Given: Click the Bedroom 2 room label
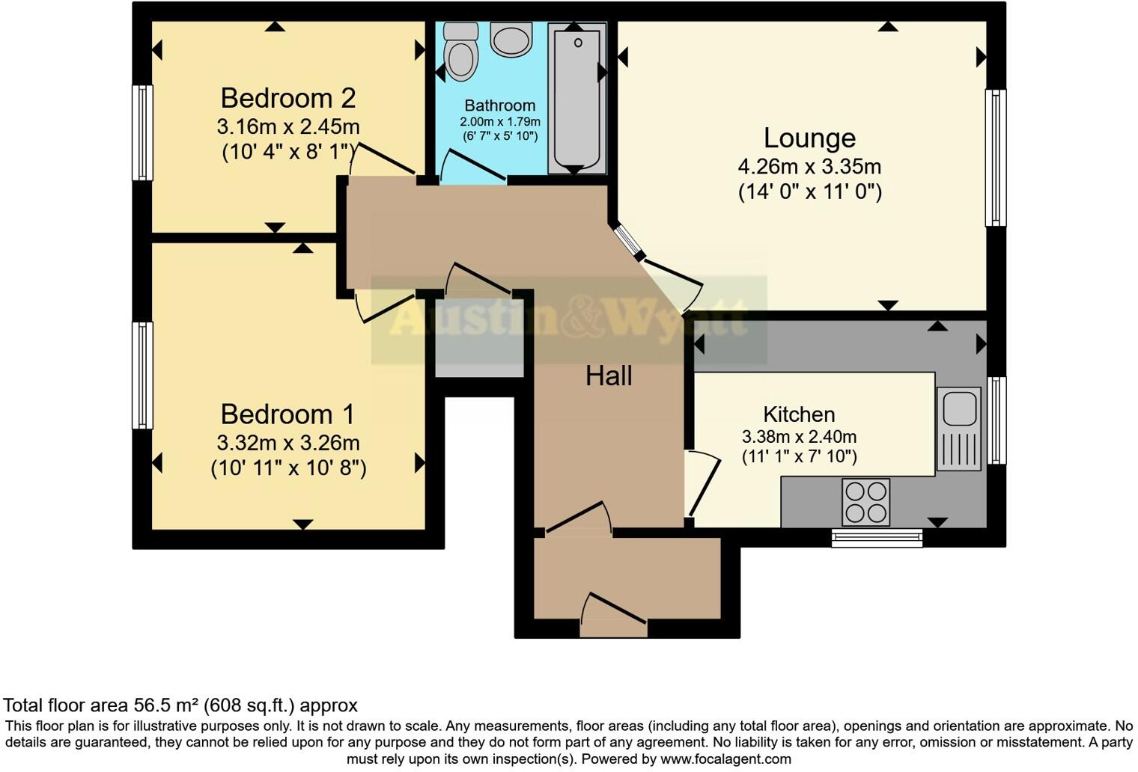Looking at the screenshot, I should point(287,98).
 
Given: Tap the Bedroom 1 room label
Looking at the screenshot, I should point(287,414).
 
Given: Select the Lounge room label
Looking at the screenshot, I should point(809,138).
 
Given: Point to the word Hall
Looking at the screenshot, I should point(609,376).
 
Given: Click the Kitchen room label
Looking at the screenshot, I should point(799,414).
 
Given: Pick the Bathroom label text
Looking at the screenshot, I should point(499,105).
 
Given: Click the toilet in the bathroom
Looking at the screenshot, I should point(460,52).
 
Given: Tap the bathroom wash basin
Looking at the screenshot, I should point(511,38).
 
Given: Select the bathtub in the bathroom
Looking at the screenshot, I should point(576,97).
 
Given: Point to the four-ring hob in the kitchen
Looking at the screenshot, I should point(865,502).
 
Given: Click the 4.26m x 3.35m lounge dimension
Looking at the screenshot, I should point(809,167).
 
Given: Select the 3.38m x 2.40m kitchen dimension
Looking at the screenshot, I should point(799,437).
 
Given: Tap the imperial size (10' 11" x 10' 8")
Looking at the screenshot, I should point(288,468).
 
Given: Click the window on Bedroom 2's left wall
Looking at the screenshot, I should point(142,132).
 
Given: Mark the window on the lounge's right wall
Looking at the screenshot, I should point(995,157).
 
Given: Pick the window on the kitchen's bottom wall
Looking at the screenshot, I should point(877,537).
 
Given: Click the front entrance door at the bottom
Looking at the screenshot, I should point(614,617).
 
